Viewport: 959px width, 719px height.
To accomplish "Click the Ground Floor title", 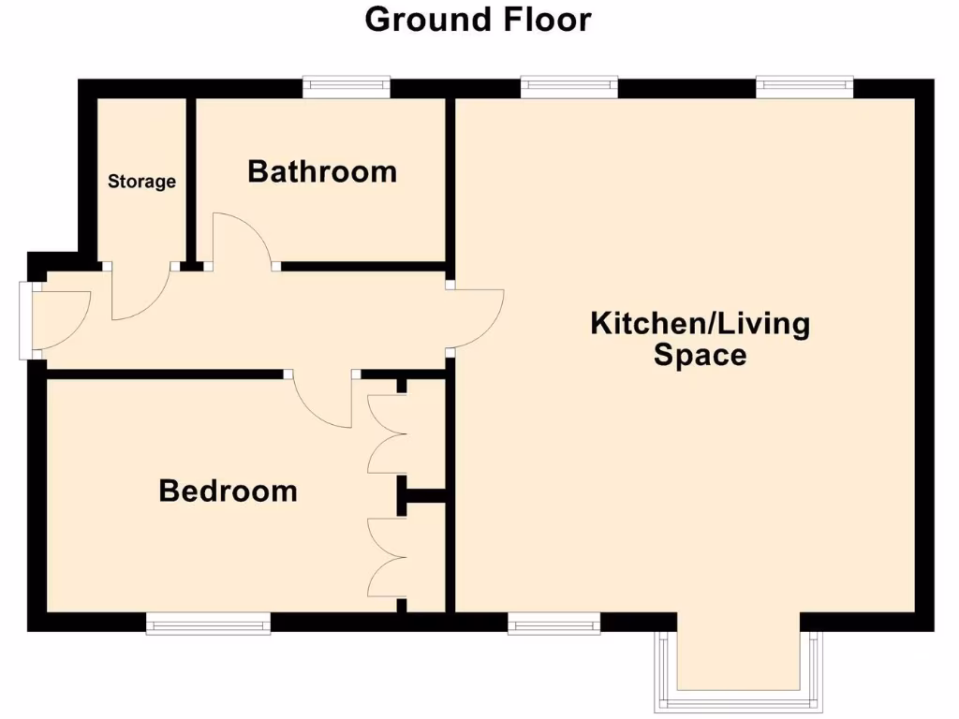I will [478, 19].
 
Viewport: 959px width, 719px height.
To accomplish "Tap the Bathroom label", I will [322, 171].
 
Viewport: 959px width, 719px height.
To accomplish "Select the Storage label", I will [141, 181].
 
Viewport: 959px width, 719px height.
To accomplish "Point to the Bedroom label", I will [228, 491].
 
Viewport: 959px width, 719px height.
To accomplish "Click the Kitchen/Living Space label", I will [701, 339].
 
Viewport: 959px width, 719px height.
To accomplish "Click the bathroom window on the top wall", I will [346, 87].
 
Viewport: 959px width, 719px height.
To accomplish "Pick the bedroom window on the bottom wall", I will [208, 624].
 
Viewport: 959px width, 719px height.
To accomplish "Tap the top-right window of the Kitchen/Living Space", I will [804, 87].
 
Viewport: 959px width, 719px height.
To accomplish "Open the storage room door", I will [140, 295].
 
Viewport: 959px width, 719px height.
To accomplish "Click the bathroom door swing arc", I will [242, 240].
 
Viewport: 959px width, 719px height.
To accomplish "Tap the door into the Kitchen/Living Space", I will [478, 319].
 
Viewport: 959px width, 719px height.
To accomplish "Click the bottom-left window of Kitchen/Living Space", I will [553, 624].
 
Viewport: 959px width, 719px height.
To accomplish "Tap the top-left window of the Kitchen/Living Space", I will [568, 87].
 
